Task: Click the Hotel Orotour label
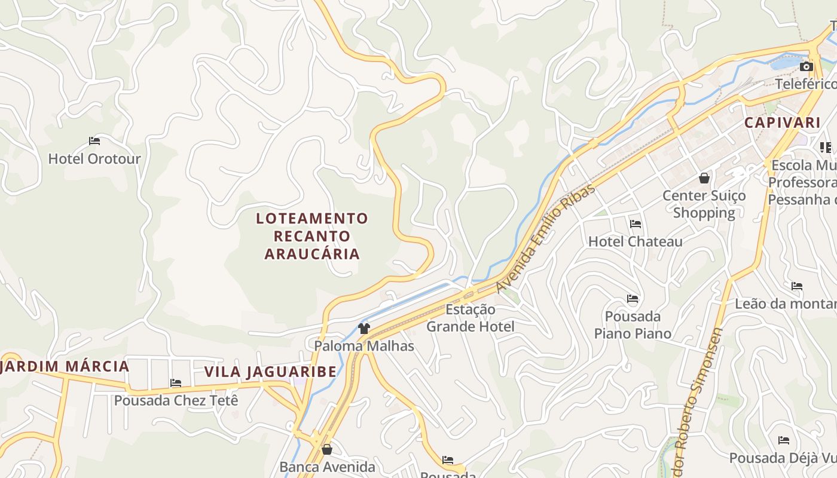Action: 94,159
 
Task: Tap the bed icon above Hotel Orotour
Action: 94,142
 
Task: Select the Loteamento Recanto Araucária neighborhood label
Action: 312,236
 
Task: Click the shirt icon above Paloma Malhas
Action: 363,328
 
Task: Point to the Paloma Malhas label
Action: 364,346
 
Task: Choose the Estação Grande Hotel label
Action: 470,318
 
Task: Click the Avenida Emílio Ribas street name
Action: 545,239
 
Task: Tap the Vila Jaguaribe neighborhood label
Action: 271,372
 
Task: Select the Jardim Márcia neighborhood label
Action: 65,366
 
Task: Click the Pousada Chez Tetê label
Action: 176,400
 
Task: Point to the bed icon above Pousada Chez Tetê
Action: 176,383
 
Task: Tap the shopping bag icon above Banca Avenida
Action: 326,449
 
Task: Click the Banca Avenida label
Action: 327,467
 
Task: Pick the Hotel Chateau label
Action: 636,241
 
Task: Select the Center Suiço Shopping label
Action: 704,204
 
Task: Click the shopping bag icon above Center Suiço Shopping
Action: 704,178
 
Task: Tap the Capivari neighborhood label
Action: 782,123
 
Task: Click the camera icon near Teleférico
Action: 807,66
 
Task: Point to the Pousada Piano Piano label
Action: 633,324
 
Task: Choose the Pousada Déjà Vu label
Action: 783,458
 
